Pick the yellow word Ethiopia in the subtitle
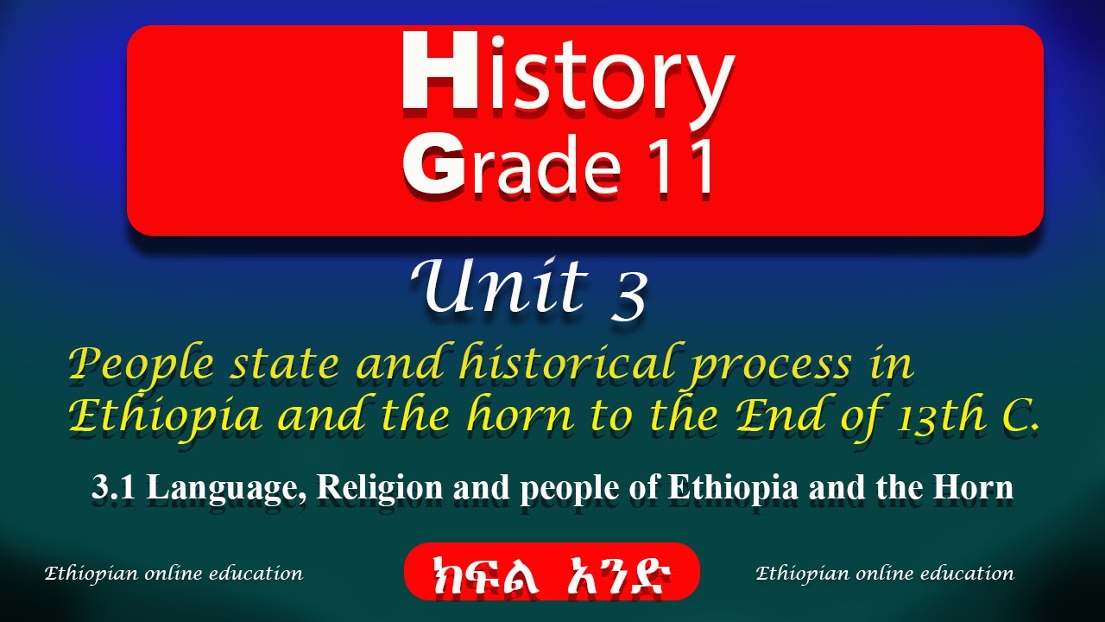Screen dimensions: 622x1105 164,416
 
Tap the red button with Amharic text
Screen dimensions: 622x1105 552,571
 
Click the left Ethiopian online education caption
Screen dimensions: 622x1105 174,573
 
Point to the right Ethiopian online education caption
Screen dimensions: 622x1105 885,573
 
